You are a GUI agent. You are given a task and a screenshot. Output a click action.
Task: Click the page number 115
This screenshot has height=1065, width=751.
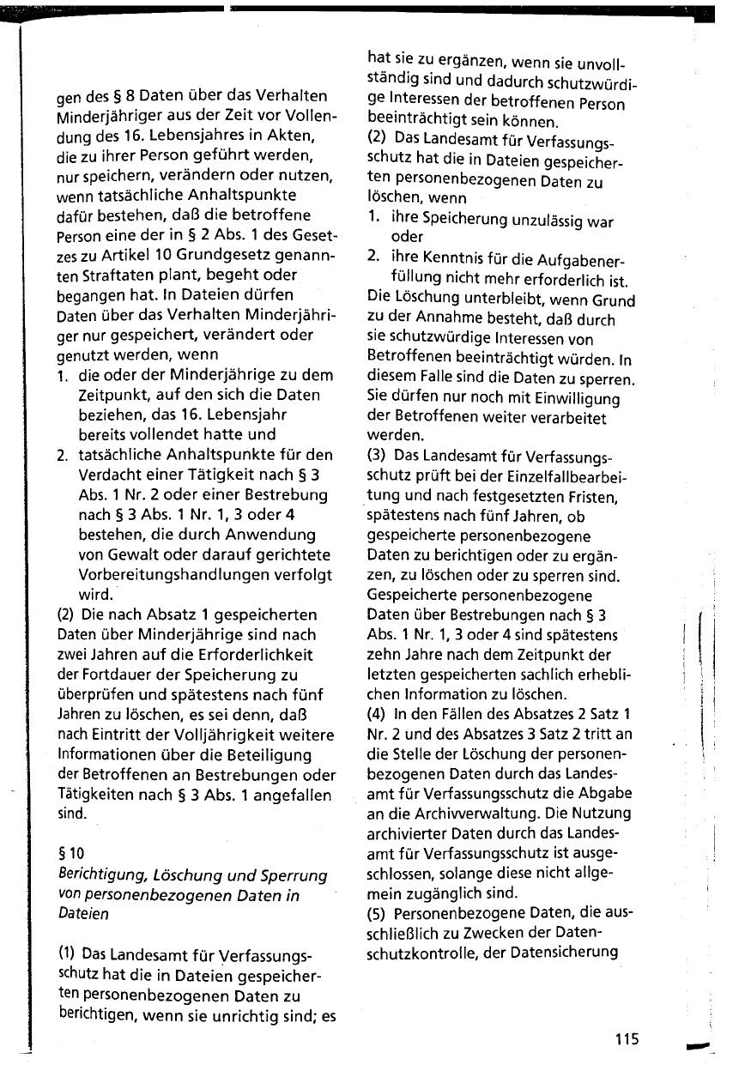click(x=627, y=1039)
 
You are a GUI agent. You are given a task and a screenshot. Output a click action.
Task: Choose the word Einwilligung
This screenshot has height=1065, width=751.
click(x=571, y=399)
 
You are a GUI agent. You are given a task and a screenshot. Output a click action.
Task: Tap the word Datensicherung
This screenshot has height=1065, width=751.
click(x=565, y=951)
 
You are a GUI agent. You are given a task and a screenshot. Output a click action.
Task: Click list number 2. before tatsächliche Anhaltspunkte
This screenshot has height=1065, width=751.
click(x=63, y=455)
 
